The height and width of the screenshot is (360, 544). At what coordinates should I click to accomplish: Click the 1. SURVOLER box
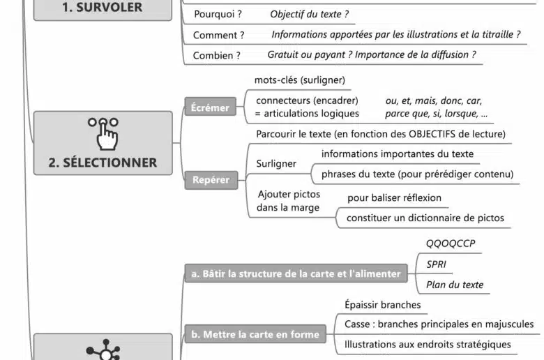pos(103,8)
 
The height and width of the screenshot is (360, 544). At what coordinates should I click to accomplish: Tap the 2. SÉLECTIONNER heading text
pos(103,163)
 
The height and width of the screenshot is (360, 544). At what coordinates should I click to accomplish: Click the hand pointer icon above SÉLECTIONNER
pos(103,133)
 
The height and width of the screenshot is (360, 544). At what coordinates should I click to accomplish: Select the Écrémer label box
pos(210,107)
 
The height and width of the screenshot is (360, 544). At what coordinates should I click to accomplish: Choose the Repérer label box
pos(210,179)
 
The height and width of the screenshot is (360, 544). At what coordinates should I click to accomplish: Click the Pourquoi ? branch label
pos(218,14)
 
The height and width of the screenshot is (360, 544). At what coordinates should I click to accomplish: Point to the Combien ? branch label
pos(217,55)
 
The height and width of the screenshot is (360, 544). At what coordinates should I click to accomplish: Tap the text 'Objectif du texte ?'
pos(309,14)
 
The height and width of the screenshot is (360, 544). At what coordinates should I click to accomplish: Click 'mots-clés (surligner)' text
pos(299,80)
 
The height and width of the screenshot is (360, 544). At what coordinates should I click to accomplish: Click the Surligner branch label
pos(276,164)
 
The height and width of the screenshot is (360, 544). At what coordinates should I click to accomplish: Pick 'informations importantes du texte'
pos(397,153)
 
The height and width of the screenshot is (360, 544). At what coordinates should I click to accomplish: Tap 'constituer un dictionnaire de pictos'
pos(425,218)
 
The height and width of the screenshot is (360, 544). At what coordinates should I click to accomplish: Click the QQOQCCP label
pos(450,243)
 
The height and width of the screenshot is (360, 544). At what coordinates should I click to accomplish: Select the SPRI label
pos(437,264)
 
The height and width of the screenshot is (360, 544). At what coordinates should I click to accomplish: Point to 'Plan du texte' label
pos(454,285)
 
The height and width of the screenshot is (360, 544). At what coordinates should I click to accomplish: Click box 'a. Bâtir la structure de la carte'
pos(296,273)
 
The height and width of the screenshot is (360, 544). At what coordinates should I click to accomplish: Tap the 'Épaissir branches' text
pos(382,305)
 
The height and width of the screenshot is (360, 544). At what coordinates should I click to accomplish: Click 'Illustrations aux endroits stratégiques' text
pos(428,344)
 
